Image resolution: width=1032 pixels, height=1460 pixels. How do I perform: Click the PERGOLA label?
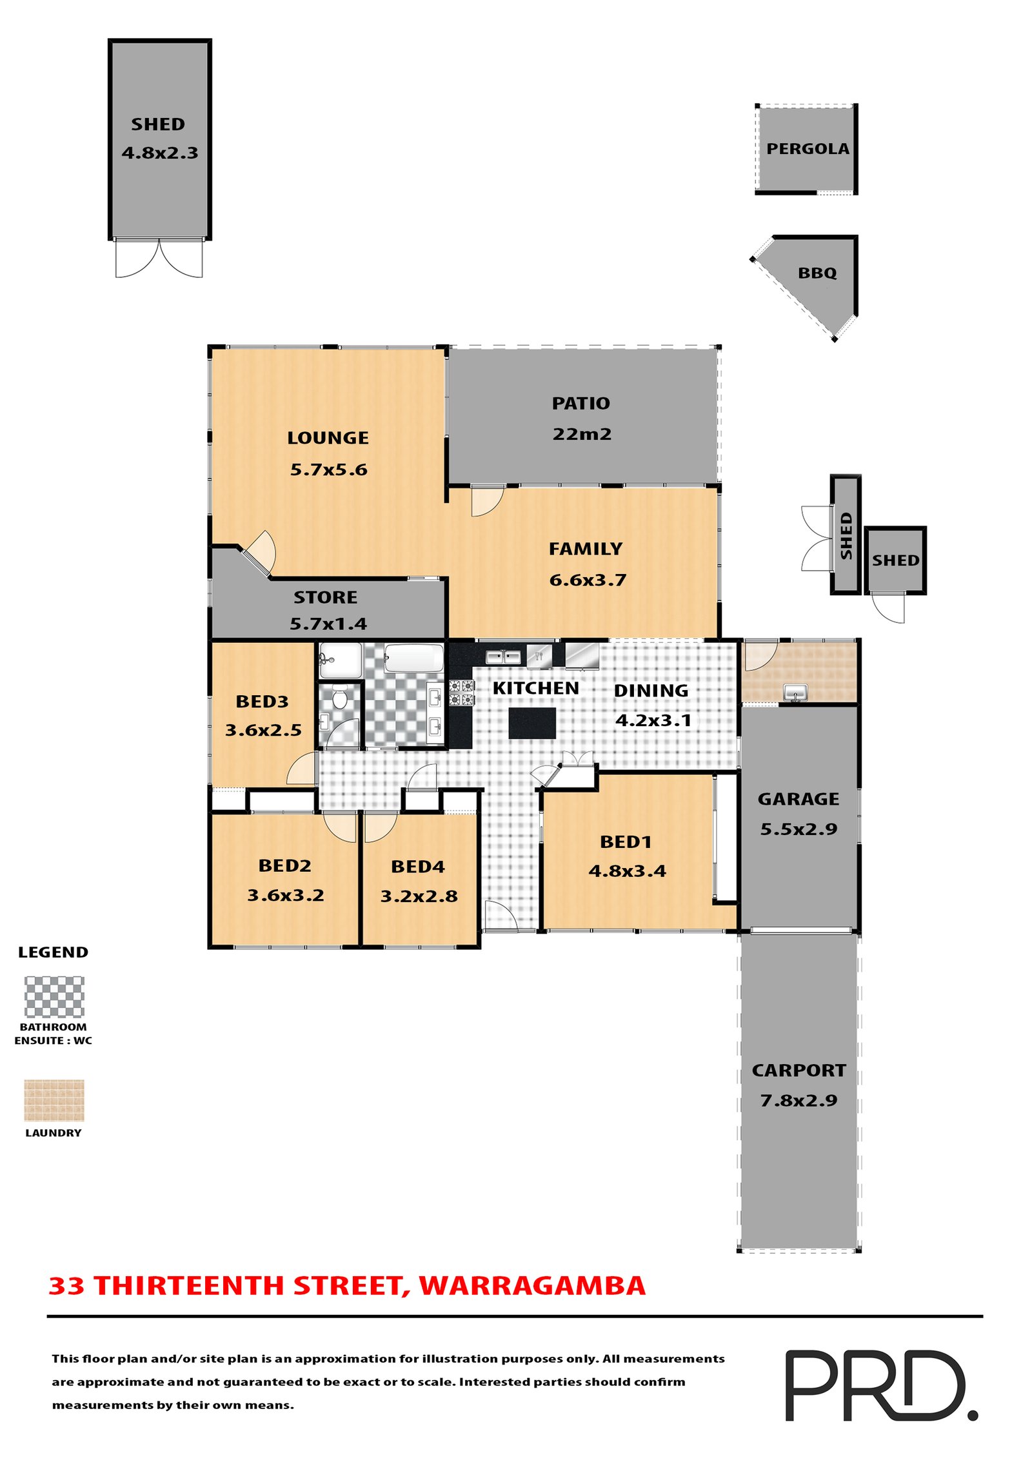click(808, 149)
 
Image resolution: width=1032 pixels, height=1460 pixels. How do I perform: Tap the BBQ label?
click(817, 273)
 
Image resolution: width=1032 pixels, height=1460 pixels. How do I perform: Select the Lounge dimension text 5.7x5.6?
click(328, 469)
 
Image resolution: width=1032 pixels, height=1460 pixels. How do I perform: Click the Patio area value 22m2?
click(582, 434)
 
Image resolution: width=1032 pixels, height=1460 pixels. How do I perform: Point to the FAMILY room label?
click(586, 549)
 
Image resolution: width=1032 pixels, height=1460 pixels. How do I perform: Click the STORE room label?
click(326, 597)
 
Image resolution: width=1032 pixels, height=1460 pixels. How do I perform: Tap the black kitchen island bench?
click(532, 723)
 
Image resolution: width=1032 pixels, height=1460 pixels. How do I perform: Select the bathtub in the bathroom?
click(413, 658)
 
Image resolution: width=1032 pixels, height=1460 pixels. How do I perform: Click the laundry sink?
click(795, 693)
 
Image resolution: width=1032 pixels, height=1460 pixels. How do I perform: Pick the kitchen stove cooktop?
click(461, 693)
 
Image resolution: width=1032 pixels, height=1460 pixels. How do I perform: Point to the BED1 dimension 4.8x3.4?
click(627, 871)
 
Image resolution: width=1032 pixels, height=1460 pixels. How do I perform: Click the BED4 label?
click(418, 867)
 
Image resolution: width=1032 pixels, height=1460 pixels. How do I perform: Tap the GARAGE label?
click(799, 799)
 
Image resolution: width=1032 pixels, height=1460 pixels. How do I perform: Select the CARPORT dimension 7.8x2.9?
click(799, 1101)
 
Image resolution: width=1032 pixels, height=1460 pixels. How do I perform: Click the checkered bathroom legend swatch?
click(54, 997)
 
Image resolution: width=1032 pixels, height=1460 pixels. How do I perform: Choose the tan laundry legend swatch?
click(54, 1100)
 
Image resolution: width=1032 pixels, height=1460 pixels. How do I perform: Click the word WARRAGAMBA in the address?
click(532, 1286)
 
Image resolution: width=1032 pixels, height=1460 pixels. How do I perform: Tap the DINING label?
click(651, 691)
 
